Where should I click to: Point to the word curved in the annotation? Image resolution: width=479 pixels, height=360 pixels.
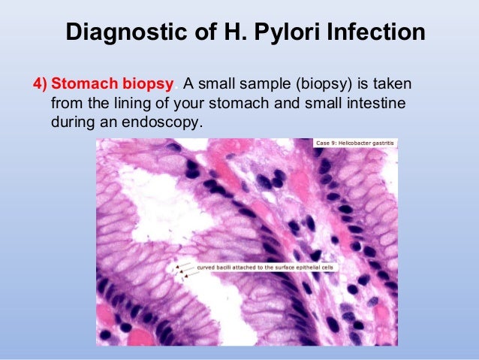tap(207, 267)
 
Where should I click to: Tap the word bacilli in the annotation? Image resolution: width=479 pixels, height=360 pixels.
tap(230, 267)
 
